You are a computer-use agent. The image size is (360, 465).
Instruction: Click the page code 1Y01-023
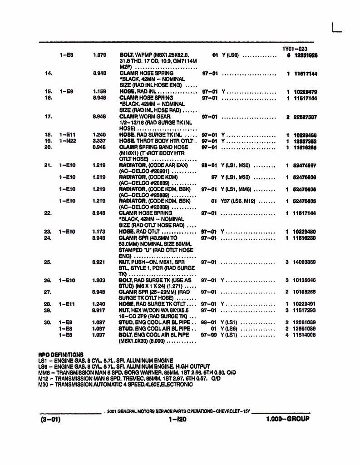pos(295,49)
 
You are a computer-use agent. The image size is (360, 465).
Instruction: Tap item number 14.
pos(49,73)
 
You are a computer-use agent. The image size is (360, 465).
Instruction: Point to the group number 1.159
pos(99,91)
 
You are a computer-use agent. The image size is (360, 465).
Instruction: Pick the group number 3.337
pos(99,141)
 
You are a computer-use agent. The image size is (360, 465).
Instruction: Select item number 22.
pos(48,213)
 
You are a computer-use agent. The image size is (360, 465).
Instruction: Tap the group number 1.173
pos(99,232)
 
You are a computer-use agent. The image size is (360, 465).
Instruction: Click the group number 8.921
pos(99,262)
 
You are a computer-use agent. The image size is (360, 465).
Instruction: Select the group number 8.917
pos(99,310)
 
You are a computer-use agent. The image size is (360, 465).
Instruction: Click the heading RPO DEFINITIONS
pos(61,354)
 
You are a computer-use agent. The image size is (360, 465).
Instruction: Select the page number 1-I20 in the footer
pos(177,419)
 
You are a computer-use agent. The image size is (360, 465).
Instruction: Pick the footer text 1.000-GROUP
pos(288,419)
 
